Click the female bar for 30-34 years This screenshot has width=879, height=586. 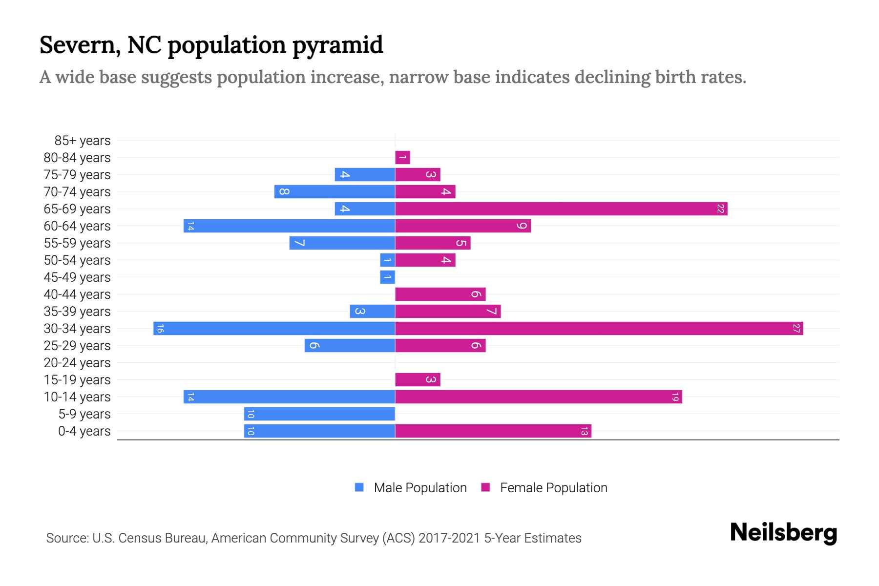pos(599,329)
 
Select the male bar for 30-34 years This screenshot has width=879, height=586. pos(274,329)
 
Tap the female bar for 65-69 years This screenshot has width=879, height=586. pos(561,209)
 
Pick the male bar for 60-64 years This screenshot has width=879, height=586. pos(289,226)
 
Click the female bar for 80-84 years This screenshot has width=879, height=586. pos(402,158)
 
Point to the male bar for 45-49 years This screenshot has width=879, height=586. pos(387,277)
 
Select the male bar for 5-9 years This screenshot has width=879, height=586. pos(319,414)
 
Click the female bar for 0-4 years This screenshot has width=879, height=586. pos(493,431)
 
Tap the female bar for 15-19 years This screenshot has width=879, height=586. pos(418,380)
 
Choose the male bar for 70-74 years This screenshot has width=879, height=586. pos(335,192)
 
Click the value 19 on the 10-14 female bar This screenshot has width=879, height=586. pos(675,397)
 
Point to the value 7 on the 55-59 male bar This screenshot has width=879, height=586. pos(299,243)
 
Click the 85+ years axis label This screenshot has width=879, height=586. pos(83,141)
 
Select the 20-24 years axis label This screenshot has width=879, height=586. pos(77,363)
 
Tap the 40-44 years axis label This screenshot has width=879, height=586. pos(77,294)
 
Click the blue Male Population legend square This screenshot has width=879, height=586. pos(359,487)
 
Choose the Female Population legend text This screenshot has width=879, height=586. pos(553,488)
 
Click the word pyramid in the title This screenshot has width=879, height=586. pos(337,45)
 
